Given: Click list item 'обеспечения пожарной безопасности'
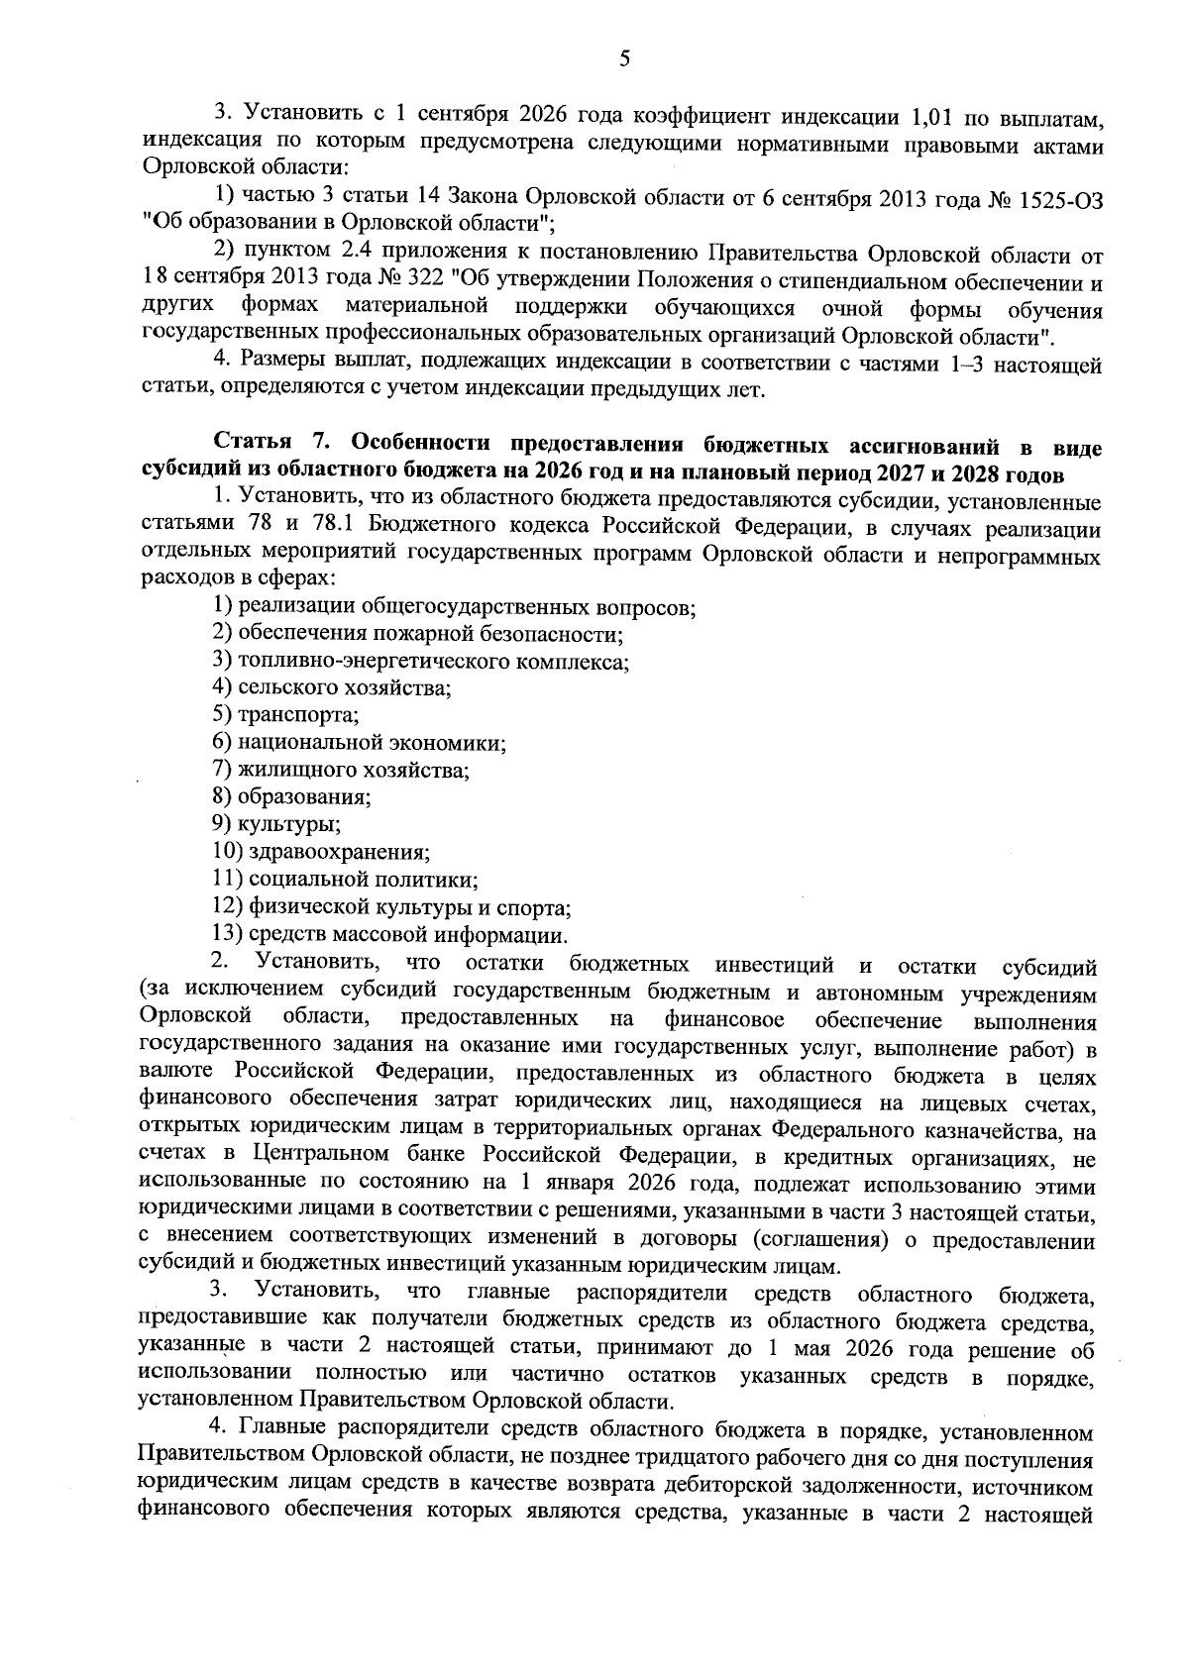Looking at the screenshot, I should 430,634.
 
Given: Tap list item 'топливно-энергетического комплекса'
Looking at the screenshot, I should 433,661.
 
